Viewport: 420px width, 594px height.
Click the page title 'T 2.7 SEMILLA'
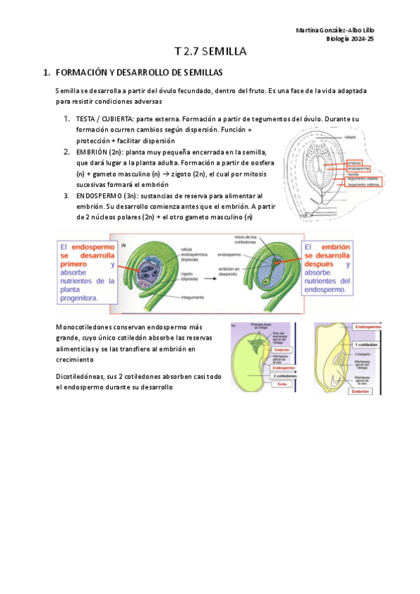tap(210, 52)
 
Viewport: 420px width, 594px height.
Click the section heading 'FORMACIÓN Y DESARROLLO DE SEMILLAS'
tap(138, 72)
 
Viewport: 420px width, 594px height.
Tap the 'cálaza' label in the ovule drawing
tap(350, 137)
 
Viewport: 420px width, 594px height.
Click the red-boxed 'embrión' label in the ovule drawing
tap(354, 162)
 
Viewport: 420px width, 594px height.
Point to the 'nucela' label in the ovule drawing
tap(353, 174)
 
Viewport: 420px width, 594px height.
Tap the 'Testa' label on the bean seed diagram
tap(282, 384)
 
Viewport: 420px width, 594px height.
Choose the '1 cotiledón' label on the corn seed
tap(367, 345)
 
